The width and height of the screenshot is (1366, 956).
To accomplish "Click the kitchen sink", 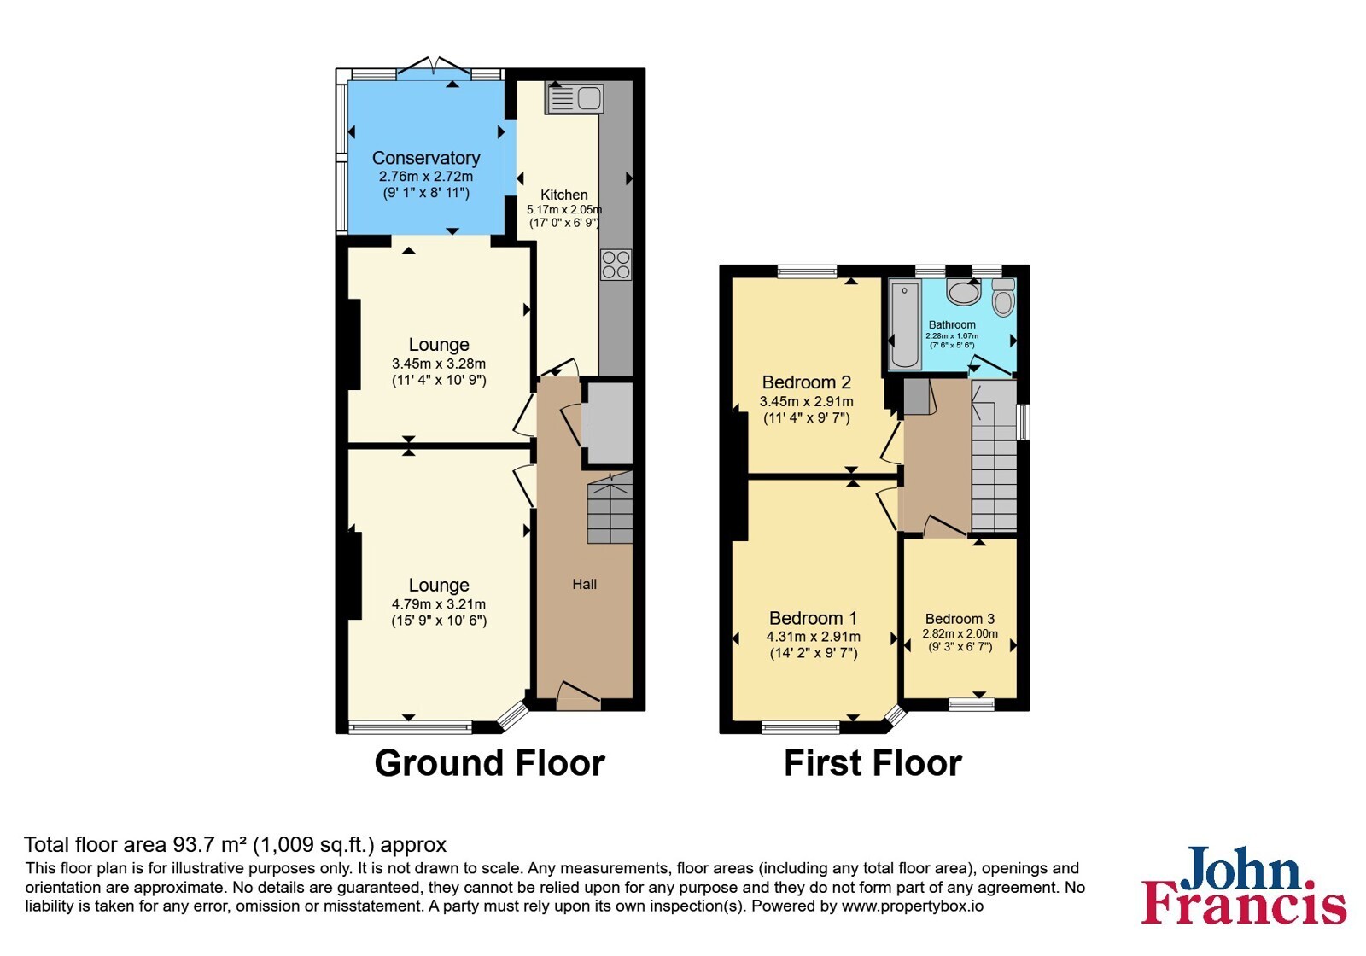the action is pos(575,99).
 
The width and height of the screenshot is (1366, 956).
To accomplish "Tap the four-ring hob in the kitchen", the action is pos(616,265).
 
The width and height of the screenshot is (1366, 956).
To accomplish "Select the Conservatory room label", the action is pos(426,158).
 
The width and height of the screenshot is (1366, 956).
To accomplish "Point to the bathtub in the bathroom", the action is pos(904,324).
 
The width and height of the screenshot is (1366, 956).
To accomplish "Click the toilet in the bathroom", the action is pos(1003,298).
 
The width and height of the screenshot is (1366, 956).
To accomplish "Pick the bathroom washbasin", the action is pos(964,292).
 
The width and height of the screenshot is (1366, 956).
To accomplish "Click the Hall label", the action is pos(584,584).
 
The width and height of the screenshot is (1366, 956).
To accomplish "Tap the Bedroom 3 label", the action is pos(960,619).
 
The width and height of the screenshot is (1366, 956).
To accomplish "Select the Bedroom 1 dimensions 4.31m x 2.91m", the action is pos(814,637).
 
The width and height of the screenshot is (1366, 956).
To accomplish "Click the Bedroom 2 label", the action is pos(806,382).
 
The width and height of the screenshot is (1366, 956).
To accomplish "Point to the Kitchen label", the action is pos(564,195).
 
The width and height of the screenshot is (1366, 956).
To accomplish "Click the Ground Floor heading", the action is pos(490,763).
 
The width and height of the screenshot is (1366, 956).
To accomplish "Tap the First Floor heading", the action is pos(873,763).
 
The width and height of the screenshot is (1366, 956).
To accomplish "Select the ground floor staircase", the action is pos(610,507).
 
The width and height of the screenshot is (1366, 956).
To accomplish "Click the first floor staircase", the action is pos(994,456).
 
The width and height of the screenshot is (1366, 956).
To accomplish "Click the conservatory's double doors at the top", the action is pos(434,69).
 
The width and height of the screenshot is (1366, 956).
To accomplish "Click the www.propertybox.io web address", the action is pos(913,906).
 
